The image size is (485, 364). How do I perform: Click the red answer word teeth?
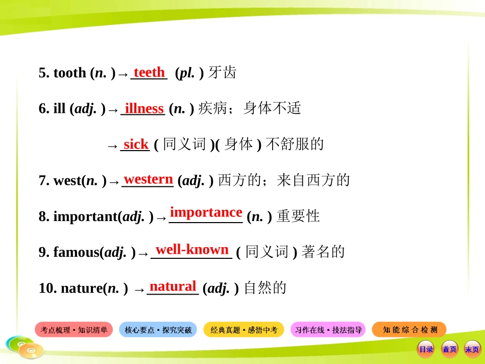149,72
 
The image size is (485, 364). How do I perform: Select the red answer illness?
144,109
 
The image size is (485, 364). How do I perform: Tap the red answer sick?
136,144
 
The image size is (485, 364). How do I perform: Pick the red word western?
149,179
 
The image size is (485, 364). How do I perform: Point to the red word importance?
206,212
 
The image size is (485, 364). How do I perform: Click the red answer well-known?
192,250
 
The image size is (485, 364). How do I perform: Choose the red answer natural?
173,286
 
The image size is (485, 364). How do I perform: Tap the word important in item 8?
85,216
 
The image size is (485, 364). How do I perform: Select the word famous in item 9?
76,252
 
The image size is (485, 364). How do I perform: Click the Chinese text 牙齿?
223,73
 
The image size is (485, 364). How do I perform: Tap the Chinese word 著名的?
323,252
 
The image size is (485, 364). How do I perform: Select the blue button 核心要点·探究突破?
158,330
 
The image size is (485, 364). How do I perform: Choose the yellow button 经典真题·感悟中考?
244,330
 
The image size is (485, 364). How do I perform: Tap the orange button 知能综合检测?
409,330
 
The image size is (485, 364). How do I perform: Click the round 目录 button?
426,349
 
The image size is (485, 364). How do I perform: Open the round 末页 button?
472,349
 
